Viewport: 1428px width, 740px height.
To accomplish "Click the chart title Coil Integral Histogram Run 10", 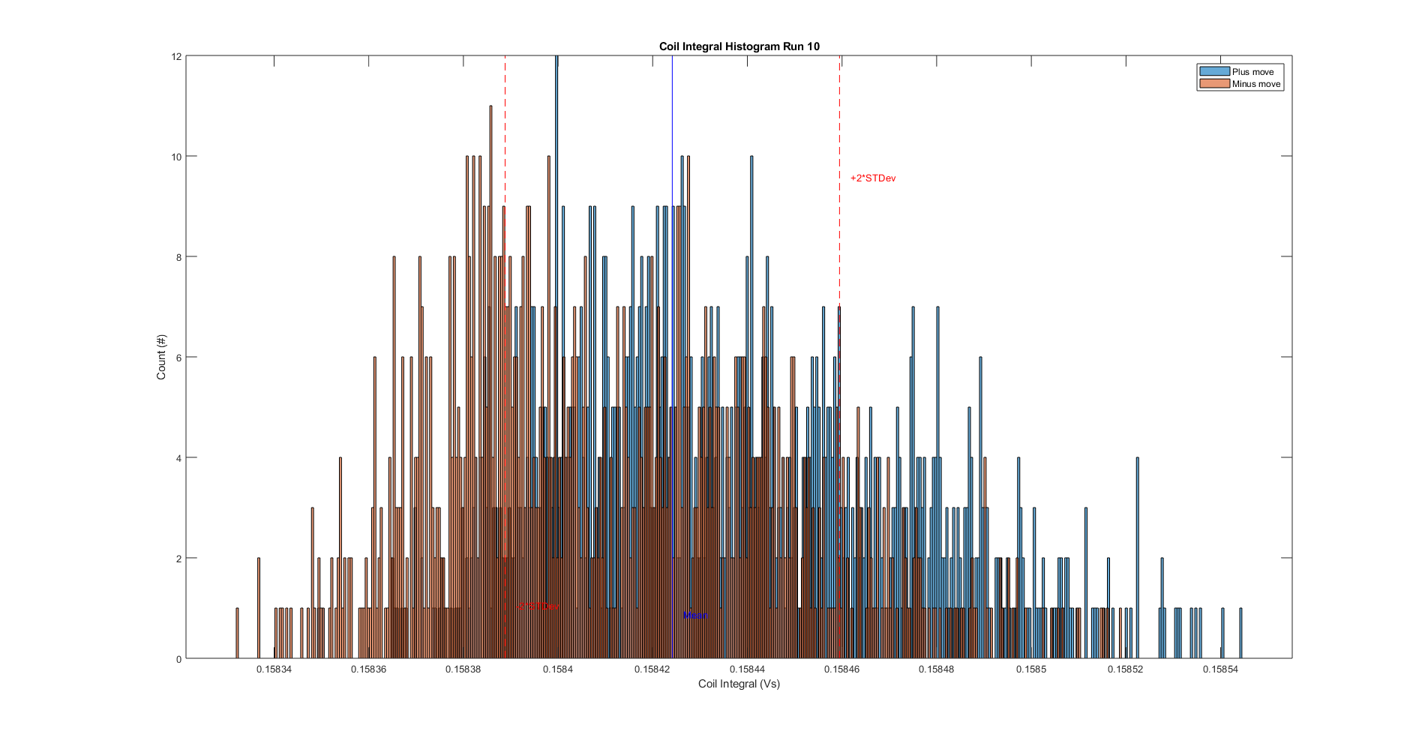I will [739, 46].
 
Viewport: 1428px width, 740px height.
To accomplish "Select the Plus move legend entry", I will [1252, 72].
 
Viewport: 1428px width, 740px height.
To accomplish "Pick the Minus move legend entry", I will [1255, 84].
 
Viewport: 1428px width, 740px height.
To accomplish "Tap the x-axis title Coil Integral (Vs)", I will [739, 684].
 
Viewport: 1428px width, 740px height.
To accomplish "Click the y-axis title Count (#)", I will [161, 357].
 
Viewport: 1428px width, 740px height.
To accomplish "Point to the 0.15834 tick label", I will [274, 670].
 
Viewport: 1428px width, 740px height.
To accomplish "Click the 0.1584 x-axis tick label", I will [558, 670].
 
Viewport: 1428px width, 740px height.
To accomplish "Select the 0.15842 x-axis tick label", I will [652, 670].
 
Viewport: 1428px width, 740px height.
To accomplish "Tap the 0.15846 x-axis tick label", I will [841, 670].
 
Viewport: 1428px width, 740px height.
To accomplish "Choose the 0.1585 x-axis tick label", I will [1031, 670].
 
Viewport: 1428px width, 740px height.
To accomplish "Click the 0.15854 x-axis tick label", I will [1220, 670].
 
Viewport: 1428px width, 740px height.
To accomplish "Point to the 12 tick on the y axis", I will [176, 56].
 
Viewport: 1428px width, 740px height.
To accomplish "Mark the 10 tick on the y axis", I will [176, 157].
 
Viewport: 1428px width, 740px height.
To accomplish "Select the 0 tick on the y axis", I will [178, 659].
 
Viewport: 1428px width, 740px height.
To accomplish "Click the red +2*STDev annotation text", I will [873, 178].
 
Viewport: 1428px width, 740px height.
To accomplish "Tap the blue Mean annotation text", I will [695, 616].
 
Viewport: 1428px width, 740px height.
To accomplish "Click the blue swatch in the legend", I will [1214, 72].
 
